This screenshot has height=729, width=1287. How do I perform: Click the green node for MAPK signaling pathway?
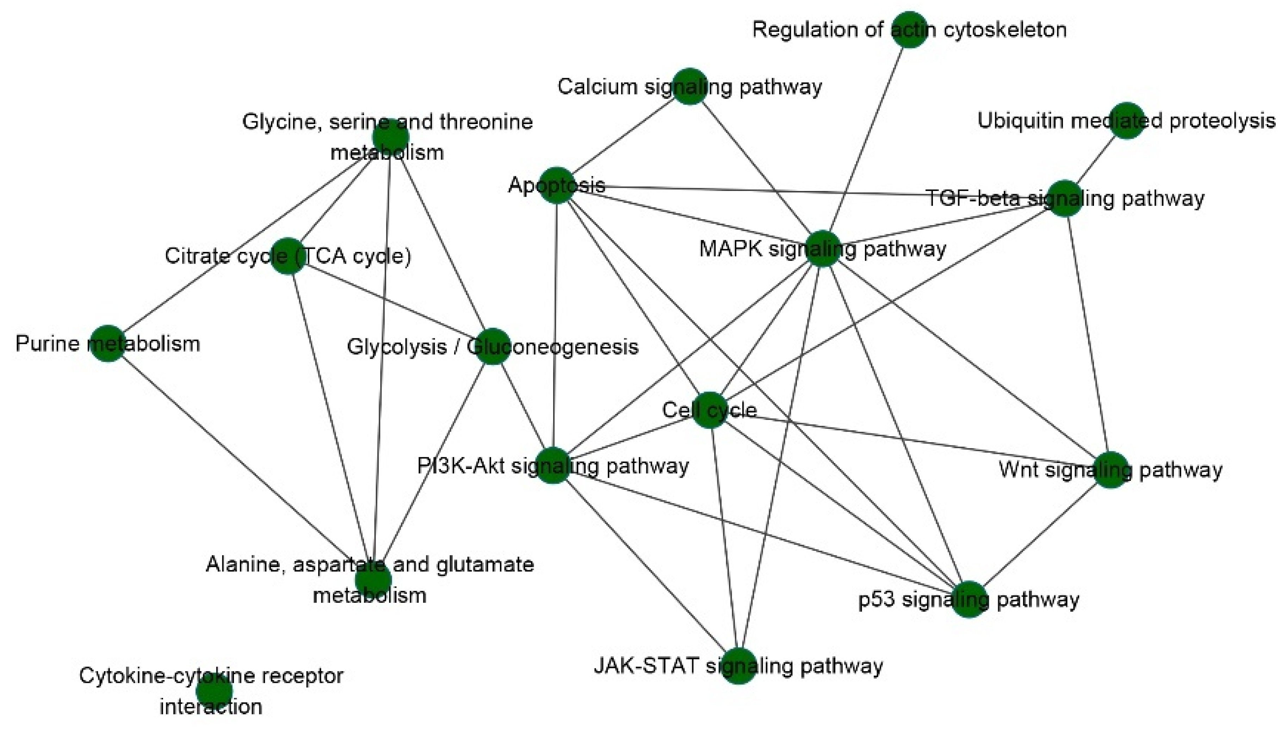point(822,249)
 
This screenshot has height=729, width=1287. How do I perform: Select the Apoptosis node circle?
point(557,185)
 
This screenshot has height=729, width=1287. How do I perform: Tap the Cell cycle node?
point(710,410)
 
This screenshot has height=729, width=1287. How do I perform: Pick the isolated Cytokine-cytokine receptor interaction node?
point(214,691)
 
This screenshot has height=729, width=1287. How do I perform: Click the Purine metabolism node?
point(107,344)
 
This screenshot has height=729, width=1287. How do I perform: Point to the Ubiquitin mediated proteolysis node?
point(1127,121)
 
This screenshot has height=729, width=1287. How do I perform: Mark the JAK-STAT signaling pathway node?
point(739,666)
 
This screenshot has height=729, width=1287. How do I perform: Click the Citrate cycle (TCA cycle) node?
point(288,256)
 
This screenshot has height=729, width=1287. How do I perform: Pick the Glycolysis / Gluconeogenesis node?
point(492,346)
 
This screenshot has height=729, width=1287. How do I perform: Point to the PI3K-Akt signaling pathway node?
point(553,466)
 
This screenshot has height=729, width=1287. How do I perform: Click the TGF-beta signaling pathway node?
point(1065,199)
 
